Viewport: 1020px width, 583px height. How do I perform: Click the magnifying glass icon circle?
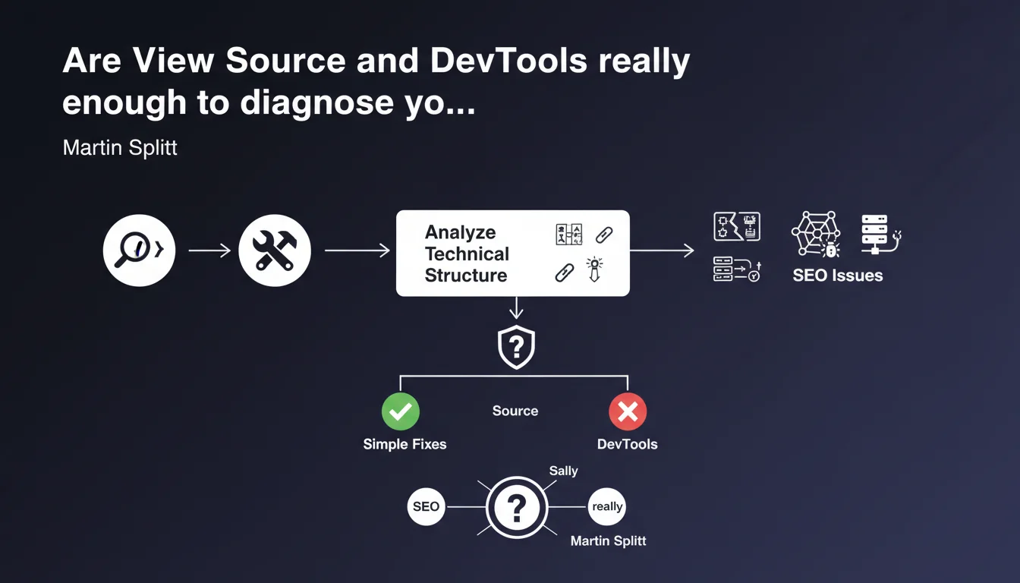(139, 251)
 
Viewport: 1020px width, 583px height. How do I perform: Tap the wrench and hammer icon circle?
(274, 251)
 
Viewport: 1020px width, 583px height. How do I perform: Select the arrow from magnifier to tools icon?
(209, 251)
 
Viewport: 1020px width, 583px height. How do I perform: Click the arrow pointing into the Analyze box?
(356, 251)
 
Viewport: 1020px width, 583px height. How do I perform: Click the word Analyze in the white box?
(460, 232)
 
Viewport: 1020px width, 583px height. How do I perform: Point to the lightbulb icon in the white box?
(594, 269)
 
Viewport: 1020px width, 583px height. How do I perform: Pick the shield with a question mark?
(516, 347)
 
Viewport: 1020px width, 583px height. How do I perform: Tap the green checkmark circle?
(400, 411)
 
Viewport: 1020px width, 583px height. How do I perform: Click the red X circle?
(628, 411)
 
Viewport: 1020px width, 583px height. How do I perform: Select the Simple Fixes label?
(405, 444)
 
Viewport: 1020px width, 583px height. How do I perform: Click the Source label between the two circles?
(515, 411)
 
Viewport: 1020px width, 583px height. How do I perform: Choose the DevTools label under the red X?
(627, 444)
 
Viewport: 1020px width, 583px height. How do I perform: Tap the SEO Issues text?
(837, 276)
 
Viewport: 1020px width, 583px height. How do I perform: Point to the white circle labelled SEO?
(426, 506)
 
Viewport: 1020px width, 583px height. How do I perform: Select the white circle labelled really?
(607, 506)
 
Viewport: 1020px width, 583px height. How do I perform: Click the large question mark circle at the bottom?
(516, 507)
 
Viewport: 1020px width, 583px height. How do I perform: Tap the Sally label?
(563, 471)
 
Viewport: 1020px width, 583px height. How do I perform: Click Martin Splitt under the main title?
(120, 147)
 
